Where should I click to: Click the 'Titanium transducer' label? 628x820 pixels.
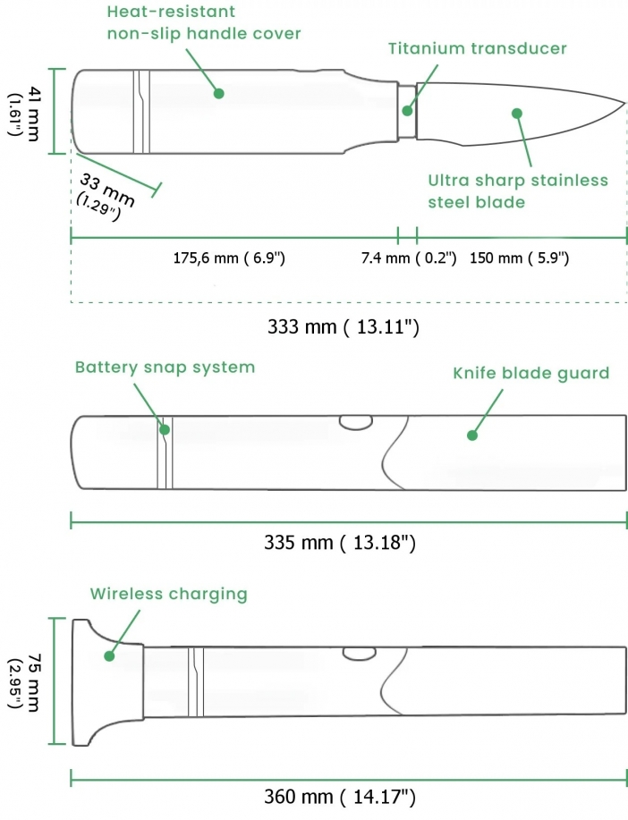478,48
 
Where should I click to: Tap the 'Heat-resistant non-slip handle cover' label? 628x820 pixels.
204,24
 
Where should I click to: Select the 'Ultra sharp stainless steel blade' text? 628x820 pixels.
517,191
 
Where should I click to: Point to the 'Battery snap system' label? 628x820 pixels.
165,368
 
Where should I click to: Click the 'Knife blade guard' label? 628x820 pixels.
530,373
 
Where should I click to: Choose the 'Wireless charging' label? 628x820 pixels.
168,594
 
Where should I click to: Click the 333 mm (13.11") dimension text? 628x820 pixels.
344,327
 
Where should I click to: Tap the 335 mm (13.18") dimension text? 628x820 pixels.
341,543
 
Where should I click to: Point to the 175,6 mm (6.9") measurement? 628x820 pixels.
229,258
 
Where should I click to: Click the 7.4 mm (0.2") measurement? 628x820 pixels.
409,258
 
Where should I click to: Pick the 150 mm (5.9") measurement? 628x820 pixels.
519,258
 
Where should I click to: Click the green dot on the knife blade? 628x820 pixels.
516,113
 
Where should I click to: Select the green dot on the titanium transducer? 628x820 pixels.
408,112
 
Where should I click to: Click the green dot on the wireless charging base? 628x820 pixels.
109,655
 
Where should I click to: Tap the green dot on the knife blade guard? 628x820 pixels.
472,435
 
